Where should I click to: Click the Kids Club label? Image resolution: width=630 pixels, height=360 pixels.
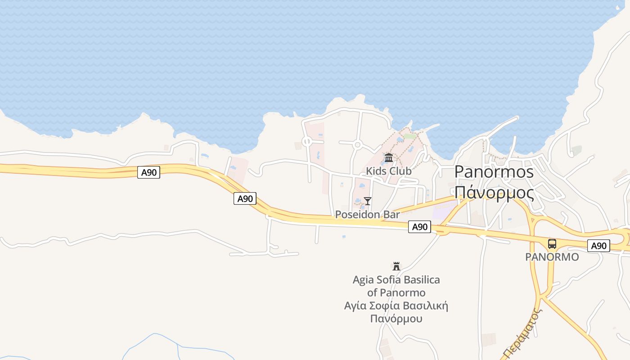[x=388, y=171]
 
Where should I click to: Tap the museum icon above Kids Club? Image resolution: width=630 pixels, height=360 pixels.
[x=389, y=157]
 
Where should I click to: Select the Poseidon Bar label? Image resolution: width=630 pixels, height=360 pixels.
[x=367, y=215]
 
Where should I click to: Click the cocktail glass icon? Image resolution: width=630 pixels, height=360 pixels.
[x=368, y=201]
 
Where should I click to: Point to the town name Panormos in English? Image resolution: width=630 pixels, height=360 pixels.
[x=494, y=172]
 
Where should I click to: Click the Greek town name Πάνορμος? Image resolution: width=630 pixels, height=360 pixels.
[x=494, y=192]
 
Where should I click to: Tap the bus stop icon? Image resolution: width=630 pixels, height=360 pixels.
[x=552, y=244]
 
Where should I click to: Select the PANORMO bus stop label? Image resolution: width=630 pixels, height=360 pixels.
[x=552, y=257]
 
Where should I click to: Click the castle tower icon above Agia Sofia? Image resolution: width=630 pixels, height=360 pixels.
[x=396, y=266]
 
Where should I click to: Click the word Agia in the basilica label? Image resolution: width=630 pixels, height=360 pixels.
[x=363, y=280]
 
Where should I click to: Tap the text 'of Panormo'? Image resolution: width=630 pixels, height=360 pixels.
[x=396, y=293]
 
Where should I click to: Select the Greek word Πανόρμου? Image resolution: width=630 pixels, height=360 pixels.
[x=396, y=319]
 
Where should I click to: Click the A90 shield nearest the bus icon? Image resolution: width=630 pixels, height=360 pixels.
[x=598, y=246]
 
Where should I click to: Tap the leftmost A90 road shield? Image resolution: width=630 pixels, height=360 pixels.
[x=148, y=172]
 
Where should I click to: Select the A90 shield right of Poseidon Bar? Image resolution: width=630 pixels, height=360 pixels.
[x=419, y=227]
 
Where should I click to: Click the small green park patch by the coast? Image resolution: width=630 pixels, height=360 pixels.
[x=409, y=135]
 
